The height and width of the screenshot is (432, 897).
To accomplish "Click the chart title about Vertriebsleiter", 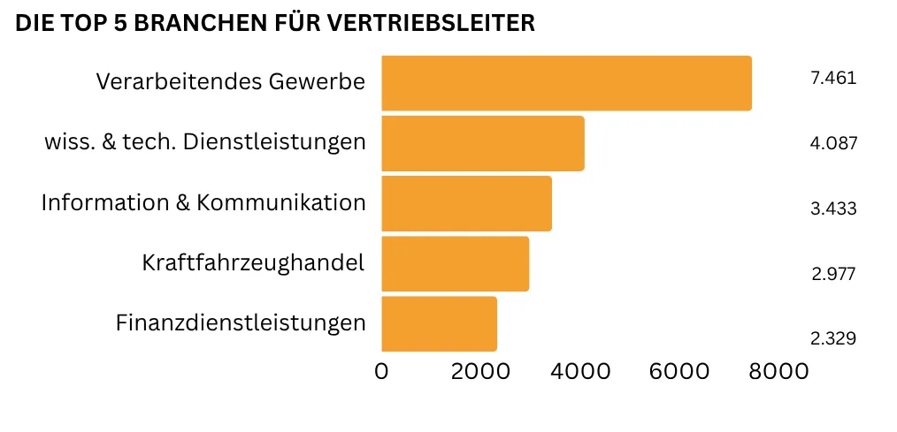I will [275, 24].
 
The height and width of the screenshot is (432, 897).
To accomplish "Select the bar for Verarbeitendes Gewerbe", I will [566, 83].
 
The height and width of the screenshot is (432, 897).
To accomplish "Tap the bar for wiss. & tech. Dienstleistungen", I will [482, 143].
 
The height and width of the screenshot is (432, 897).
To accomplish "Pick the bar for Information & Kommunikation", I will [466, 203].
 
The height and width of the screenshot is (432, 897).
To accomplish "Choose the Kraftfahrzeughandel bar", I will [455, 263].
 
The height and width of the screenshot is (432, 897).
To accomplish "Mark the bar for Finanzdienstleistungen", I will [439, 323].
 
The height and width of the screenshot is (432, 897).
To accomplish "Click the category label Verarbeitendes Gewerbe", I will [230, 82].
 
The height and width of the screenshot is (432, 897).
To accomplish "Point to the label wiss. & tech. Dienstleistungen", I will [204, 141].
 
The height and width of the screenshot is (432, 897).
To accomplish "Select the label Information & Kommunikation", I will [203, 202].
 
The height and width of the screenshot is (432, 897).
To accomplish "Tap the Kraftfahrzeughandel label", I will [253, 262].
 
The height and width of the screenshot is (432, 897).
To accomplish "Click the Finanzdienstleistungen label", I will [241, 323].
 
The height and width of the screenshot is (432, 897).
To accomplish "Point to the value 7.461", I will [833, 78].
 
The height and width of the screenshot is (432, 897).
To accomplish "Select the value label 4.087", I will [833, 143].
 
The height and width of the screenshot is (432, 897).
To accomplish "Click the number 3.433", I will [833, 209].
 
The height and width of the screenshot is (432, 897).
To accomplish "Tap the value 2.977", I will [833, 274].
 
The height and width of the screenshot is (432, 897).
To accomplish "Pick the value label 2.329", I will [833, 338].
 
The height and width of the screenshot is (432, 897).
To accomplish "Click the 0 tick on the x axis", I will [381, 372].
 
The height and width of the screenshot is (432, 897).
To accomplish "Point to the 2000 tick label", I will [480, 372].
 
